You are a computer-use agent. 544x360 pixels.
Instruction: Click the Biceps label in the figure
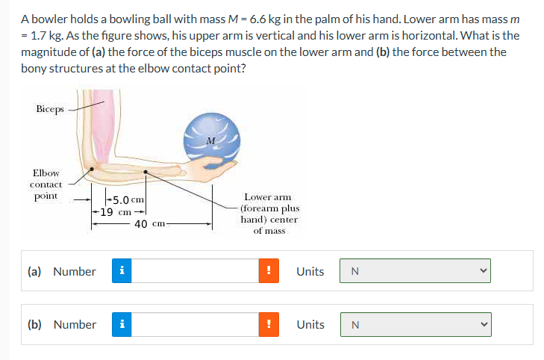pos(49,109)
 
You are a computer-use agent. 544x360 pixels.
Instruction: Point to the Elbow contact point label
pos(46,184)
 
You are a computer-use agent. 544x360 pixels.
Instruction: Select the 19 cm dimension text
pos(117,211)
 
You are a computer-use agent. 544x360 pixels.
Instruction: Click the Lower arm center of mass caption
pos(269,214)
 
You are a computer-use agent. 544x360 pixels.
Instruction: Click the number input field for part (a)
pos(197,271)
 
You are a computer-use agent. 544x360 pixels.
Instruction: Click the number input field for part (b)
pos(197,324)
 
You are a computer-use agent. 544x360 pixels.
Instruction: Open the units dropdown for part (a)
pos(416,271)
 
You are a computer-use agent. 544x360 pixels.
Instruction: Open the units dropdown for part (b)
pos(416,324)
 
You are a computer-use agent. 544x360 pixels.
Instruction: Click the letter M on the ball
pos(211,140)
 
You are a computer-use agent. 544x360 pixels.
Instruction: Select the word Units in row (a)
pos(310,271)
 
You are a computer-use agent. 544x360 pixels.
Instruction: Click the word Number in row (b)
pos(74,324)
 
